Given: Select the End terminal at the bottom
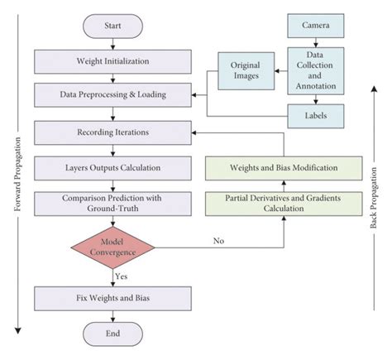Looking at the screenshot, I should tap(112, 333).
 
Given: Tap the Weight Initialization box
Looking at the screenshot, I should tap(112, 60).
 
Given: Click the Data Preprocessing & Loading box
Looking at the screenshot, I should tap(112, 94).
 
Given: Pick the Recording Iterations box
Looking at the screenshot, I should tap(112, 131).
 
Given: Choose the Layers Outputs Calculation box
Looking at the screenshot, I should tap(112, 168).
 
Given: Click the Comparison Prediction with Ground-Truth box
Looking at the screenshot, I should tap(112, 204).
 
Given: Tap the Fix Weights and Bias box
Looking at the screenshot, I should tap(112, 295).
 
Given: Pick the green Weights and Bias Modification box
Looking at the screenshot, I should tap(283, 168).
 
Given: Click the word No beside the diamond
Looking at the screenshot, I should tap(219, 240).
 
